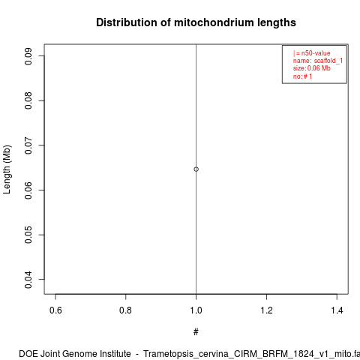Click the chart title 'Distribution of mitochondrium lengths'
pyautogui.click(x=196, y=22)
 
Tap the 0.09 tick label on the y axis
pyautogui.click(x=28, y=56)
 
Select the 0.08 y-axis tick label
pyautogui.click(x=28, y=100)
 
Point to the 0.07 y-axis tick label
pyautogui.click(x=28, y=145)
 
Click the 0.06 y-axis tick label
pyautogui.click(x=28, y=190)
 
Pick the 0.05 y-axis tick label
pyautogui.click(x=28, y=235)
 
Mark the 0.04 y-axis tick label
pyautogui.click(x=28, y=280)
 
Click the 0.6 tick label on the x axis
pyautogui.click(x=55, y=310)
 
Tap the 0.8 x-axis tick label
pyautogui.click(x=125, y=310)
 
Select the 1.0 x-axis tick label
pyautogui.click(x=196, y=310)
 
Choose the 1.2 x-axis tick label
pyautogui.click(x=266, y=310)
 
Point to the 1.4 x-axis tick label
pyautogui.click(x=337, y=310)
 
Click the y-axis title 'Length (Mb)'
pyautogui.click(x=7, y=169)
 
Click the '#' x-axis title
pyautogui.click(x=196, y=332)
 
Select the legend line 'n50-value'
pyautogui.click(x=312, y=53)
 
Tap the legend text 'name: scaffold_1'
pyautogui.click(x=318, y=61)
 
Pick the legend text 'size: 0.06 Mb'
pyautogui.click(x=312, y=68)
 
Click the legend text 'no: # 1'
pyautogui.click(x=302, y=76)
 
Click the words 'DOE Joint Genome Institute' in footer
pyautogui.click(x=75, y=354)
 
